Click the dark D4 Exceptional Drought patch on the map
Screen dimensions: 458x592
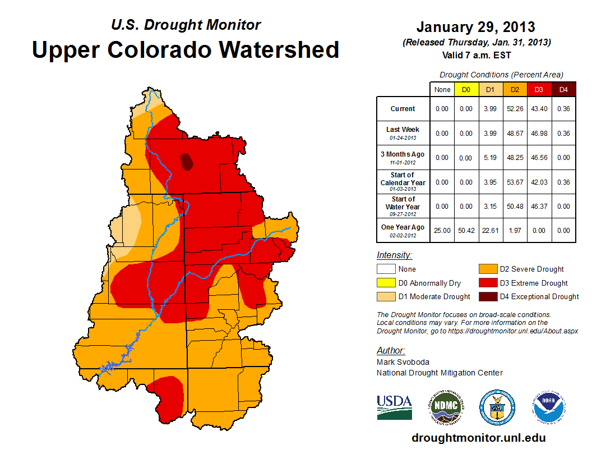click(x=187, y=162)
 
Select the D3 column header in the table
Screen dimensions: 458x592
click(x=538, y=89)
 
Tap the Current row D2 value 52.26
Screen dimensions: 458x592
click(x=514, y=109)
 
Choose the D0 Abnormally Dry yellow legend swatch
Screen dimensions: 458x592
click(x=386, y=283)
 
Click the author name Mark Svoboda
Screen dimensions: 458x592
click(x=404, y=362)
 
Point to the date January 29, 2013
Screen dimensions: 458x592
click(x=475, y=27)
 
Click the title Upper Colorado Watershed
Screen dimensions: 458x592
click(x=186, y=49)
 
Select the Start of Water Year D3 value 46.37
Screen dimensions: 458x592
click(x=538, y=206)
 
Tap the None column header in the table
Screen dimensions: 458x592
click(x=442, y=89)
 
